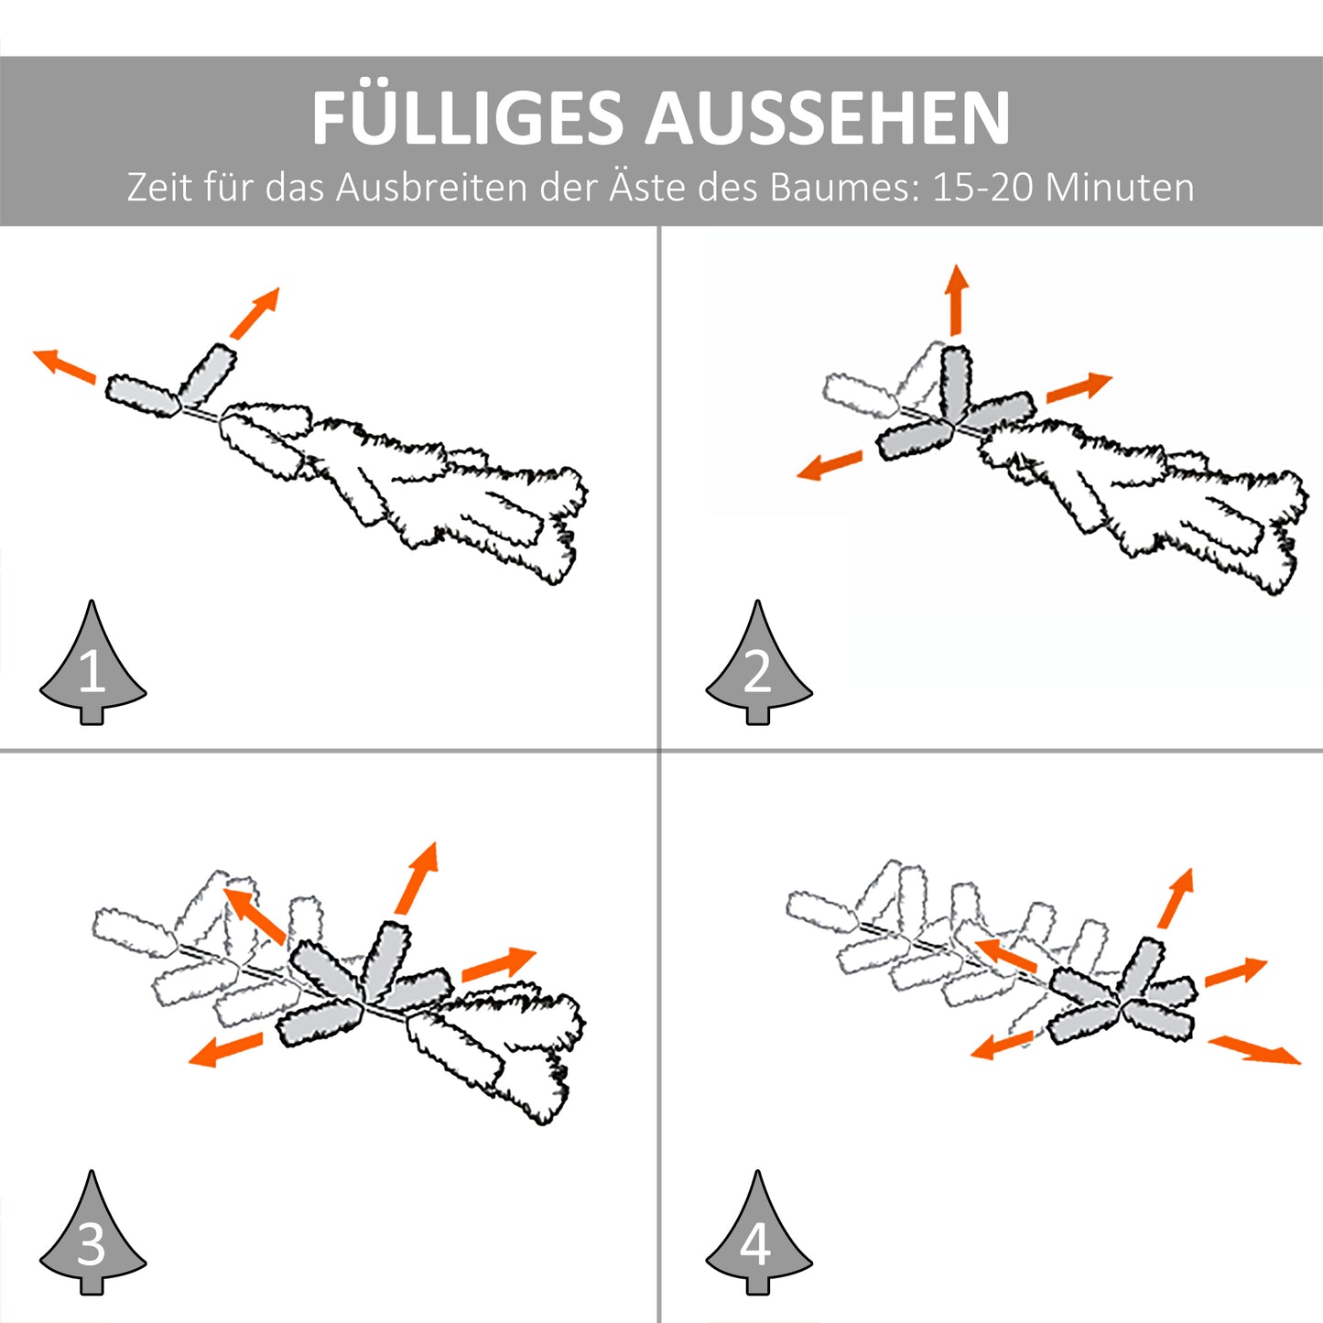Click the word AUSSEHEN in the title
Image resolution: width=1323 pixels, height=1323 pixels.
tap(828, 118)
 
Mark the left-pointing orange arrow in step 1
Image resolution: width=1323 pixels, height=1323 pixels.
tap(64, 364)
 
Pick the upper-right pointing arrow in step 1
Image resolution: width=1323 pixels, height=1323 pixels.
tap(255, 312)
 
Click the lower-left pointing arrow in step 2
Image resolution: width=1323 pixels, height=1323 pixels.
tap(830, 465)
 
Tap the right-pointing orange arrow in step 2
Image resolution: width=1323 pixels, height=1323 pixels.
tap(1079, 387)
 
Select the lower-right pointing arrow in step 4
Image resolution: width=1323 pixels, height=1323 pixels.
tap(1254, 1049)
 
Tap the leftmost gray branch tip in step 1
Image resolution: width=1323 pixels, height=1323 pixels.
tap(141, 396)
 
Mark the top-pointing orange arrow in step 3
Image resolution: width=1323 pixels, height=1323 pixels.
tap(418, 878)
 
